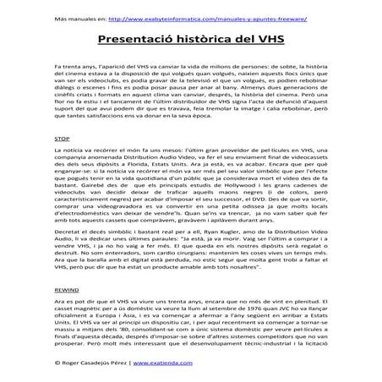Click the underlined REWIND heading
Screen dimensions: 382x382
tap(66, 287)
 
